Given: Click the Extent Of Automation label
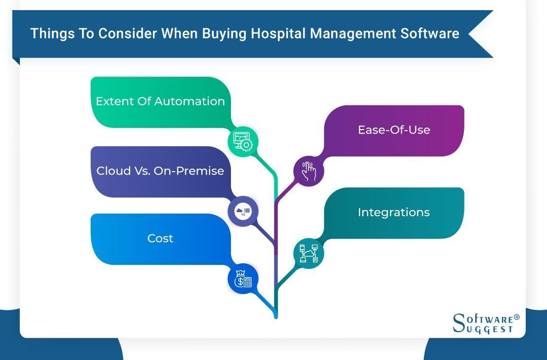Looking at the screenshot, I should [160, 101].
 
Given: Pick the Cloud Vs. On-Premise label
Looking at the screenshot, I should [160, 171].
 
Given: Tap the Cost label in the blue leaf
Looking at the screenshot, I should [160, 238].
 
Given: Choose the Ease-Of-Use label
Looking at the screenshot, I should [394, 130].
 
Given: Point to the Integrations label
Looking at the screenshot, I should [394, 213].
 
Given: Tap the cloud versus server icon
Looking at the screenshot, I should [243, 211].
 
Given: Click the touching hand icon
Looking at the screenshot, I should [308, 171].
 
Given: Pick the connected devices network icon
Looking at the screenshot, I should [308, 253].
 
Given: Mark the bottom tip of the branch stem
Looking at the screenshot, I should [276, 316].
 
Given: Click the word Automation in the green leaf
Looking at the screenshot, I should [189, 101].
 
